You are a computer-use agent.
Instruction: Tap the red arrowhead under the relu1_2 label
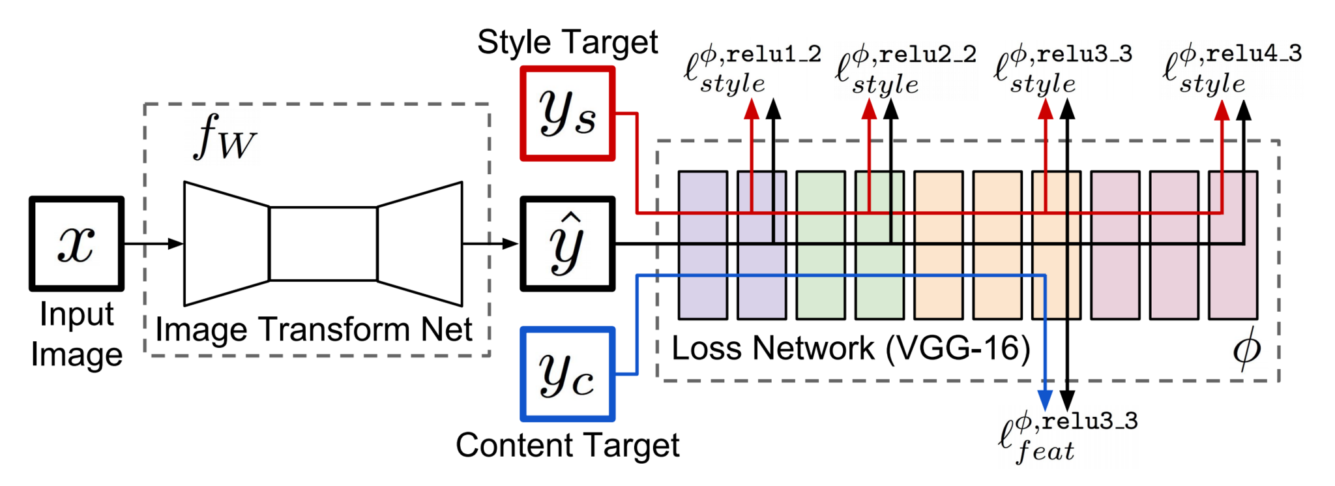tap(752, 109)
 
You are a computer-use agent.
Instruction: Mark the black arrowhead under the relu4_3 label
tap(1244, 109)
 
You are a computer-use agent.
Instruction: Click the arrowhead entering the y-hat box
tap(510, 244)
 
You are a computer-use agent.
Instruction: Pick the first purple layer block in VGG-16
tap(703, 245)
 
